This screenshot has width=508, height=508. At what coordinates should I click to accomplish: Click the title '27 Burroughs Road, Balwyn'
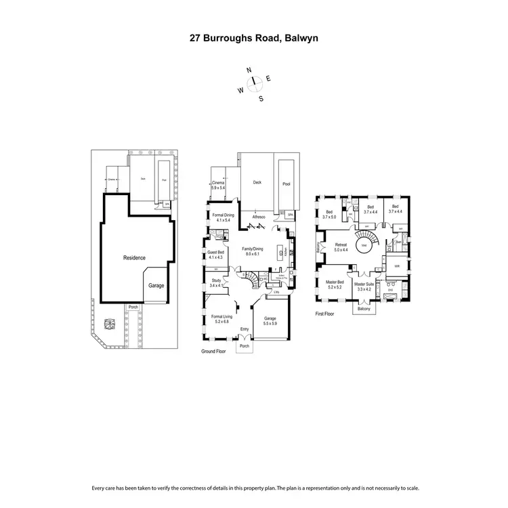coord(253,39)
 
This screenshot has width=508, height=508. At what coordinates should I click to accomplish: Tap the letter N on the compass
coord(249,70)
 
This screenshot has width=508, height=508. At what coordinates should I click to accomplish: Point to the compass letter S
coord(261,98)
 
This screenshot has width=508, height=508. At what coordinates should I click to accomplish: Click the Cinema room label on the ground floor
coord(218,183)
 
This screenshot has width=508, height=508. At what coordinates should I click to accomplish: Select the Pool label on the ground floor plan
coord(285,182)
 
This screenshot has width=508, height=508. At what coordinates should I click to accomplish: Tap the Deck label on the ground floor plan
coord(257,182)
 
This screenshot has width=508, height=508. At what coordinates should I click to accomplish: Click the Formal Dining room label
coord(223,215)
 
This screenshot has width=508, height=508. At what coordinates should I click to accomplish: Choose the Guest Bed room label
coord(216,253)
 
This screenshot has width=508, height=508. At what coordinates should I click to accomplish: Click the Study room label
coord(216,280)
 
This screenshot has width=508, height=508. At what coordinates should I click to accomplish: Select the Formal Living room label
coord(221,316)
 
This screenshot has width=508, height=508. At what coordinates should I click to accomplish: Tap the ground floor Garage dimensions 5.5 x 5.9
coord(270,324)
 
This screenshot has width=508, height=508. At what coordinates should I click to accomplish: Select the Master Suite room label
coord(364,284)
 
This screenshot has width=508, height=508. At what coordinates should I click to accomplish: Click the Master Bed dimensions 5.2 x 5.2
coord(335,288)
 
